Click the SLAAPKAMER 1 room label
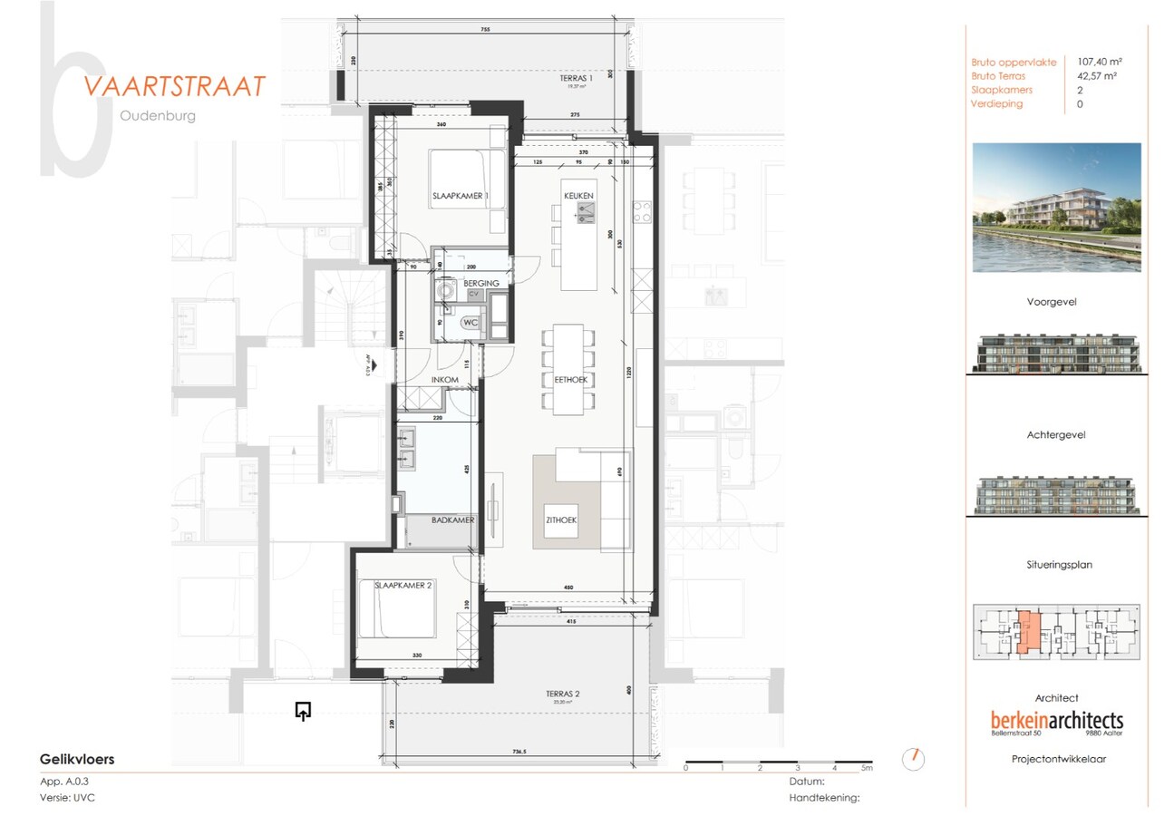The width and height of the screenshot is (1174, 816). pyautogui.click(x=460, y=197)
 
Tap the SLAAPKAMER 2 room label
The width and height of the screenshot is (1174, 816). pyautogui.click(x=403, y=586)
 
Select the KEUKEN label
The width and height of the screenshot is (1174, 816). pyautogui.click(x=578, y=196)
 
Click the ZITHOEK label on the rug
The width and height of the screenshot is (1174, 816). pyautogui.click(x=561, y=520)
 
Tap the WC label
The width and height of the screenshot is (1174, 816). pyautogui.click(x=470, y=323)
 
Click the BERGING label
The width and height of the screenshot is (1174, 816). pyautogui.click(x=480, y=284)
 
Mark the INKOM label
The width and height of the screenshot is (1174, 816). pyautogui.click(x=443, y=379)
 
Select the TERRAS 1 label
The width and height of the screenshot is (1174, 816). pyautogui.click(x=576, y=79)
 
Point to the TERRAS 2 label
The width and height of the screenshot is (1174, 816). pyautogui.click(x=562, y=694)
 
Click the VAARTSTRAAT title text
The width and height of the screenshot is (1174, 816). pyautogui.click(x=174, y=86)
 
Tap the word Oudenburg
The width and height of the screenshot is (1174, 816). pyautogui.click(x=157, y=116)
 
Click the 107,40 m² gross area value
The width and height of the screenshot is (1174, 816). pyautogui.click(x=1098, y=63)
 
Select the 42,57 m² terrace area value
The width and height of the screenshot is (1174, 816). pyautogui.click(x=1096, y=76)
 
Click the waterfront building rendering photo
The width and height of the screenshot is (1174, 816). pyautogui.click(x=1056, y=207)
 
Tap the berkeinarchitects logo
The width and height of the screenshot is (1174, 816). pyautogui.click(x=1056, y=720)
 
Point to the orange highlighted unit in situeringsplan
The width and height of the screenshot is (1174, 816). pyautogui.click(x=1026, y=632)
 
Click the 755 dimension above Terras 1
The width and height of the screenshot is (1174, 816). pyautogui.click(x=485, y=30)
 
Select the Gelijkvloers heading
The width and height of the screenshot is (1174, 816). pyautogui.click(x=77, y=760)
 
